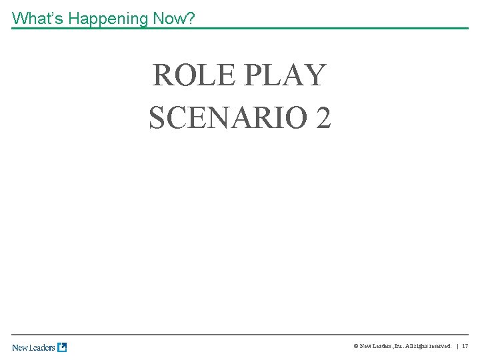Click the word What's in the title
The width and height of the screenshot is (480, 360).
point(38,18)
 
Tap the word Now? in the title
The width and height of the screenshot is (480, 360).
point(173,18)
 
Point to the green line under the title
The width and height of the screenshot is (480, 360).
point(240,28)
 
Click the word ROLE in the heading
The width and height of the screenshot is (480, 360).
point(193,75)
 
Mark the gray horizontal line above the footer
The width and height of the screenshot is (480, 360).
point(240,334)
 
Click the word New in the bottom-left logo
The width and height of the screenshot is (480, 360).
point(21,347)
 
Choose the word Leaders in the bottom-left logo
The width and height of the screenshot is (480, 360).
point(43,347)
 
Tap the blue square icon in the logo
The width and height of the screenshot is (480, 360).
point(62,347)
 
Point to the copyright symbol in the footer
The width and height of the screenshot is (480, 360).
point(355,347)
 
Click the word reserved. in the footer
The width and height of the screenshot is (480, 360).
point(440,347)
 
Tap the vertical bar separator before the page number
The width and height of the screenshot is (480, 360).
point(457,347)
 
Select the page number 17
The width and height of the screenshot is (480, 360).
point(465,347)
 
